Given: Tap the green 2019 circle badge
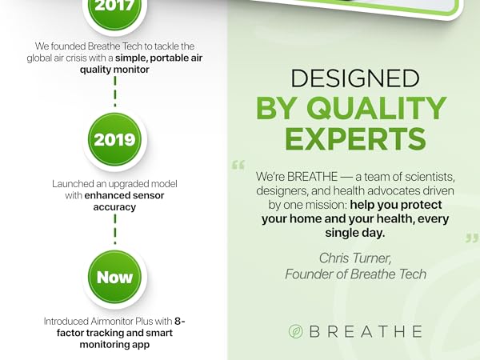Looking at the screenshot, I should (x=114, y=139).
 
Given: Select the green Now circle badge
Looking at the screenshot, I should (x=114, y=278).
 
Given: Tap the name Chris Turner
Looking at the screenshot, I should (x=356, y=258).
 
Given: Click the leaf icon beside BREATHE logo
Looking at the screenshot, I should (x=295, y=330).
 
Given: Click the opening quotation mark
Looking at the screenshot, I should (x=238, y=166).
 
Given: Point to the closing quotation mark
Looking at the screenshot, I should (x=471, y=238).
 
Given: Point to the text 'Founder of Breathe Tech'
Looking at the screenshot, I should (x=356, y=274).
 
